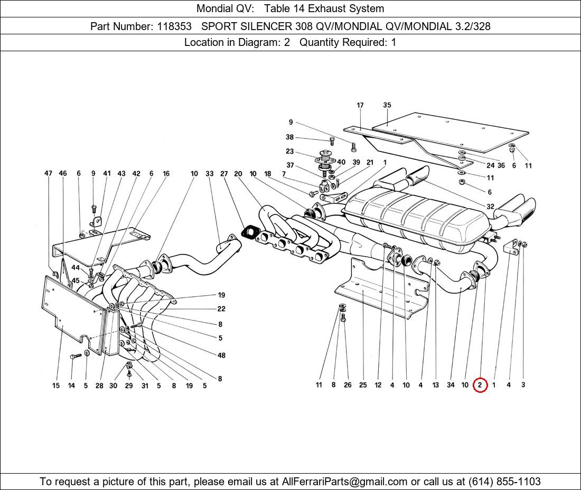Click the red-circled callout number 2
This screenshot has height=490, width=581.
[480, 385]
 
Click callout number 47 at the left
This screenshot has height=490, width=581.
[48, 173]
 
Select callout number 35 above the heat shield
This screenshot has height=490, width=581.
[387, 105]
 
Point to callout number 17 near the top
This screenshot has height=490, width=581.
[360, 105]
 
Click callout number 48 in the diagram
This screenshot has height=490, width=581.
[221, 355]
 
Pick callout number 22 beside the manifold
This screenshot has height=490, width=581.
[221, 309]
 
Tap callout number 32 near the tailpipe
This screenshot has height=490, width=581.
[490, 206]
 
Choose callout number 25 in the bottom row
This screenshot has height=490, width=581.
[363, 385]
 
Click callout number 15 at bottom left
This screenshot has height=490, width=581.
[55, 386]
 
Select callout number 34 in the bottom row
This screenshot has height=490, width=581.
[451, 385]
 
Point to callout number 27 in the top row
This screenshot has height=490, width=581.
[224, 173]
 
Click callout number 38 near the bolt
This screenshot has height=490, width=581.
[289, 137]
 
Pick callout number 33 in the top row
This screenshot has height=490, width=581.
[210, 173]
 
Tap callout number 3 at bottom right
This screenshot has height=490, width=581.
[523, 385]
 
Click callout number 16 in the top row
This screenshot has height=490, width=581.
[166, 173]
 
